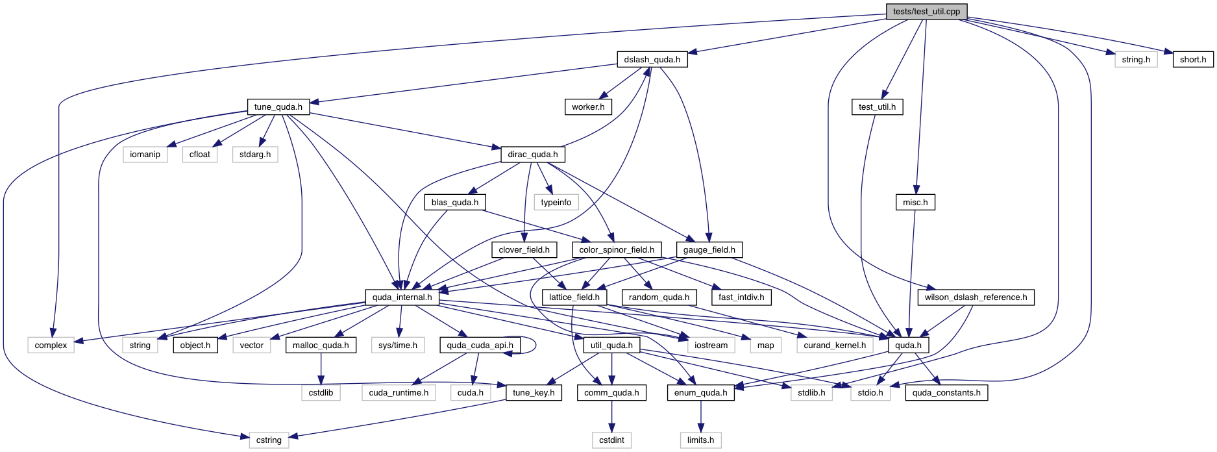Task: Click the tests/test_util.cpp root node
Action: pos(926,12)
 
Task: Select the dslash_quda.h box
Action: pos(652,60)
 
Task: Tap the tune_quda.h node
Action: pos(278,107)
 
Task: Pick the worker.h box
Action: pos(588,107)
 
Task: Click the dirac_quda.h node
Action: pos(532,155)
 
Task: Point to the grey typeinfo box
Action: pos(556,203)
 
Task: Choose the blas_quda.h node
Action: pos(455,203)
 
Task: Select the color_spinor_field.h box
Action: pos(617,250)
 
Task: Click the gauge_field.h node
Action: pos(709,250)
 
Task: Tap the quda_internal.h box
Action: pos(402,297)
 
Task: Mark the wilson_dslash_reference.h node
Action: pos(976,297)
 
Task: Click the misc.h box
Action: pos(915,203)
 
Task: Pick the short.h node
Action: pos(1193,60)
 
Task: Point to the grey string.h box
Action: pos(1136,60)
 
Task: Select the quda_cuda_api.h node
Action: pos(480,345)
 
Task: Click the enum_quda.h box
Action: pos(700,393)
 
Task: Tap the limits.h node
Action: pos(700,440)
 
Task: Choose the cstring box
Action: pos(269,440)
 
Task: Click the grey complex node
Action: pos(51,345)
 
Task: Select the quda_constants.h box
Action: pos(946,393)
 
